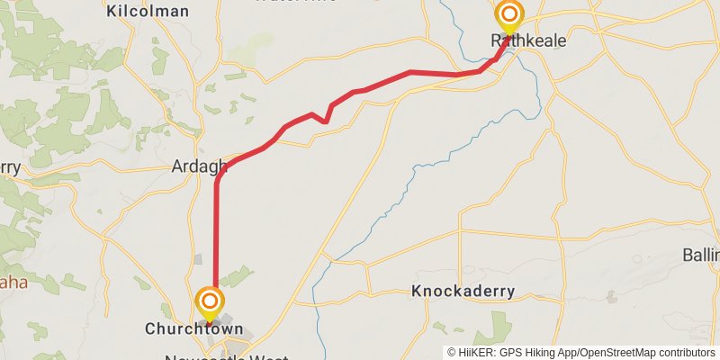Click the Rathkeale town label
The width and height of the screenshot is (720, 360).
(517, 40)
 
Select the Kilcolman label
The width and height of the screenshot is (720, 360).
(148, 11)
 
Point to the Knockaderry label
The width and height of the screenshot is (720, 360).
(463, 291)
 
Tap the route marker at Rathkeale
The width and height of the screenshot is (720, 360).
(509, 14)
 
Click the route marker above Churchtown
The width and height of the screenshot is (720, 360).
(210, 301)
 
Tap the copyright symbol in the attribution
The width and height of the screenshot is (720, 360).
(453, 352)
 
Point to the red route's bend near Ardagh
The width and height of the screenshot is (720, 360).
(220, 175)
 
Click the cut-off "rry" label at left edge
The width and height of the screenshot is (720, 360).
(9, 167)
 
